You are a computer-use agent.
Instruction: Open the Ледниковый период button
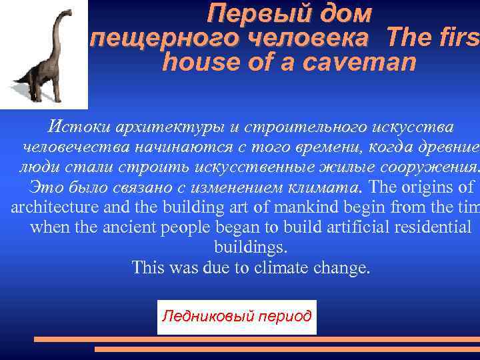click(x=237, y=316)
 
